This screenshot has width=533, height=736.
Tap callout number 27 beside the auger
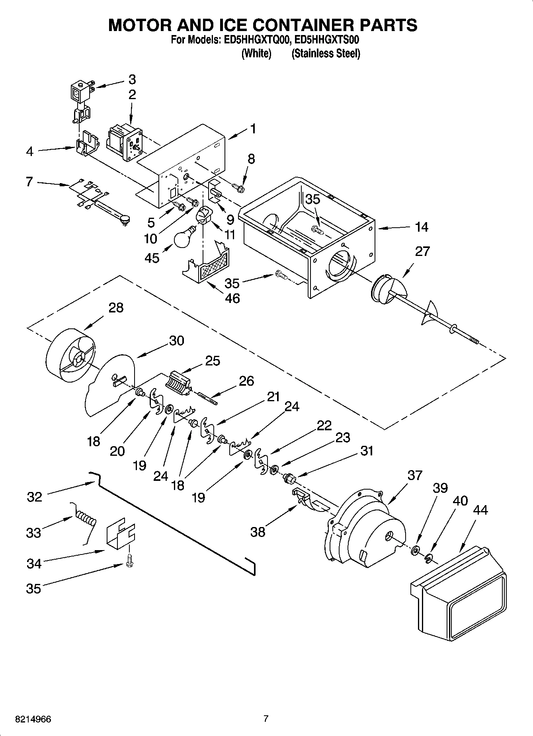(422, 251)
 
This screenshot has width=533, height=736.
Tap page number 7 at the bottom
(266, 719)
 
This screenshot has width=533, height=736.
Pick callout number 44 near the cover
(481, 510)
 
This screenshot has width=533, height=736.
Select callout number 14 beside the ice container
(422, 227)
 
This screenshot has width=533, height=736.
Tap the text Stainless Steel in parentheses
(326, 53)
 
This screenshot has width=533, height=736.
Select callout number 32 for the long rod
(35, 497)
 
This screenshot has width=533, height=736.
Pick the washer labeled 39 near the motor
(416, 551)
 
